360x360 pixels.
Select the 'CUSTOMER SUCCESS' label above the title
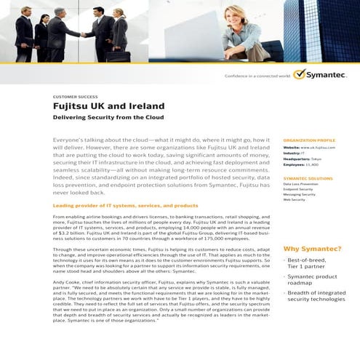click(x=74, y=95)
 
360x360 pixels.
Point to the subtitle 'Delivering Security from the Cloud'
click(x=106, y=116)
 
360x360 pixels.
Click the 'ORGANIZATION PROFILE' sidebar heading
click(x=309, y=140)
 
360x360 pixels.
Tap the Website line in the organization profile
click(x=309, y=148)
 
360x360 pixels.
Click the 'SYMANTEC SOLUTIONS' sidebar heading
click(x=308, y=178)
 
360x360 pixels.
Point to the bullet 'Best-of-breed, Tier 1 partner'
click(x=311, y=263)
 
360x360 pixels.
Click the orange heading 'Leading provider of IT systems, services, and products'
click(x=126, y=206)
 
